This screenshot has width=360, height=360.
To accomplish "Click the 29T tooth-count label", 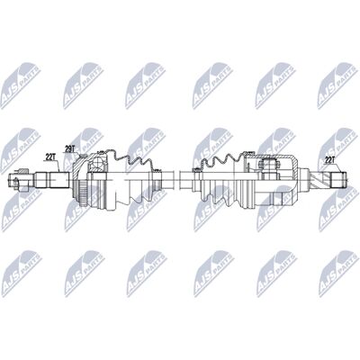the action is (x=69, y=148).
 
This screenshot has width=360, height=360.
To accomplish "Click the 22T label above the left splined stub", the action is (x=49, y=157).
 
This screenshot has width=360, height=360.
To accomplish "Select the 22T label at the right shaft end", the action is (x=330, y=160).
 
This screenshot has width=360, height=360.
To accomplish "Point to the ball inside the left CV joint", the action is (x=97, y=164).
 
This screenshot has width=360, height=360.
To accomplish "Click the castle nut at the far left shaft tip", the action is (x=17, y=180).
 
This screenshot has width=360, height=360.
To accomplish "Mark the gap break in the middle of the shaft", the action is (x=176, y=179).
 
